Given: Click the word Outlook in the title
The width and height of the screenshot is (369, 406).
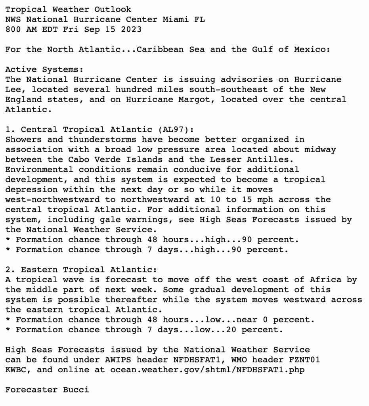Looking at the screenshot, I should [x=113, y=9].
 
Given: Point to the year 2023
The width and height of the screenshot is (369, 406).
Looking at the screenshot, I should [x=131, y=29].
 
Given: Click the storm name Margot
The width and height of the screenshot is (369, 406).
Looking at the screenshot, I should [x=199, y=100].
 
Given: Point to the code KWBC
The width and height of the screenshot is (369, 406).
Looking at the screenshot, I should [x=15, y=370].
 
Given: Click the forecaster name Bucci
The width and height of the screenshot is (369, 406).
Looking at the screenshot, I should [x=76, y=389].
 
